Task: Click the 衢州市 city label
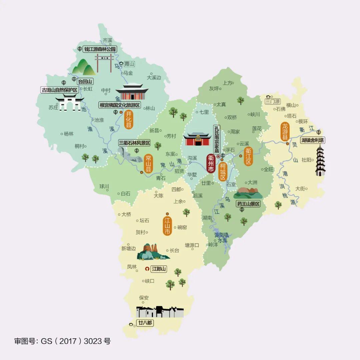pos(211,164)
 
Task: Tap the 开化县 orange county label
pos(128,120)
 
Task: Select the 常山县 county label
pos(148,163)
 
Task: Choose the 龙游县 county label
pos(285,131)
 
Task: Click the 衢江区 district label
pos(248,156)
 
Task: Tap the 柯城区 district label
pos(223,172)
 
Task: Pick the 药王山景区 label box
pos(248,204)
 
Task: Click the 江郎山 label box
pos(159,268)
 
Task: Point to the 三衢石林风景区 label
pos(135,143)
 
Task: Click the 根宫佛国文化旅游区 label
pos(120,105)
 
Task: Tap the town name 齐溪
pos(108,40)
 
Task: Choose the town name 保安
pos(144,298)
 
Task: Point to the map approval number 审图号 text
pos(62,341)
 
